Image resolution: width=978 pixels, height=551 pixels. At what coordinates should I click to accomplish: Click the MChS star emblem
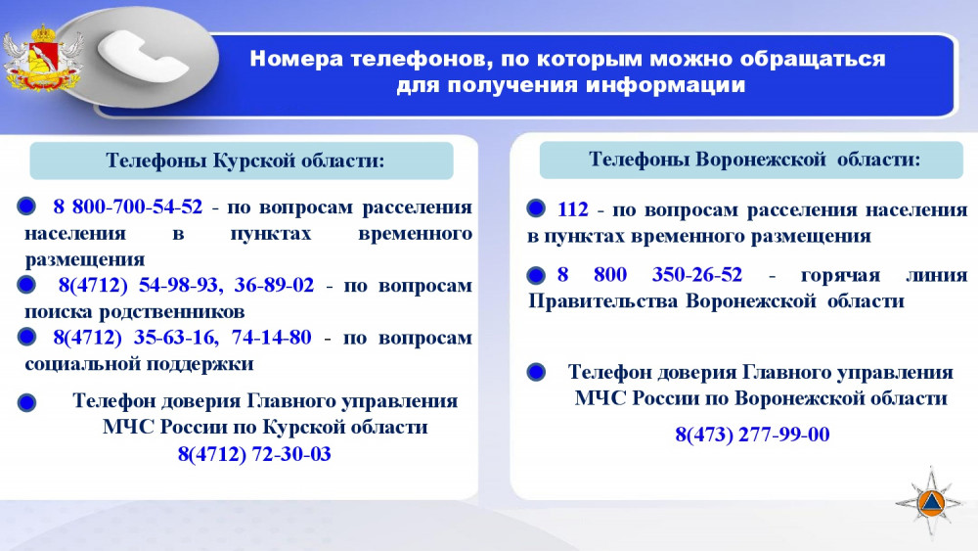(930, 501)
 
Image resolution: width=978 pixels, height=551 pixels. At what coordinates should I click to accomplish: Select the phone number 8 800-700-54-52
(128, 207)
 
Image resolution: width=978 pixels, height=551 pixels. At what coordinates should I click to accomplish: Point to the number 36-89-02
(274, 285)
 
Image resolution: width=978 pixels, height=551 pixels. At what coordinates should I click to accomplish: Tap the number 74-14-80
(271, 337)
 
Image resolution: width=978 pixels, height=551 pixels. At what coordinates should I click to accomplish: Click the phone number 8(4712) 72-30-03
(254, 454)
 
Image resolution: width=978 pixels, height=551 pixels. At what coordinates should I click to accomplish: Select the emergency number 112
(572, 209)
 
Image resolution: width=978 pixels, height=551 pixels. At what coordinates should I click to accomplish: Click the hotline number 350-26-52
(697, 275)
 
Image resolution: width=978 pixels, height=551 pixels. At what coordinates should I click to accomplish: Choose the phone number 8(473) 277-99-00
(752, 435)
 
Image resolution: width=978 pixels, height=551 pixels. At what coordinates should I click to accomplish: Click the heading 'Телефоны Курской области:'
(245, 161)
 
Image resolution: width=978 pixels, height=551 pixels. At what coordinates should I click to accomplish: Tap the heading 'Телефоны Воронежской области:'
(755, 160)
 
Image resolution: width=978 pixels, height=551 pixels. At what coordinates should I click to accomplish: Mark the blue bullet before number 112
(536, 208)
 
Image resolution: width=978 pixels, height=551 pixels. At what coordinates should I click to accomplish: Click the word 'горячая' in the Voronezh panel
(840, 275)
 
